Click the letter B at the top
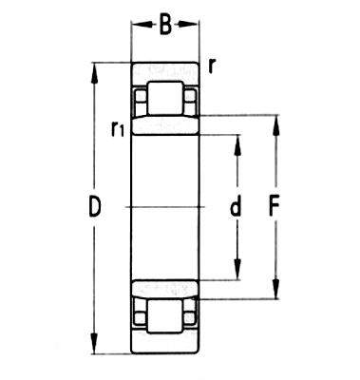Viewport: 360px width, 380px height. coord(165,26)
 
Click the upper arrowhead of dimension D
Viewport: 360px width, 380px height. coord(95,69)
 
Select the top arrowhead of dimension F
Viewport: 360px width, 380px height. coord(276,122)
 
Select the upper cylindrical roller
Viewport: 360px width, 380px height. coord(164,99)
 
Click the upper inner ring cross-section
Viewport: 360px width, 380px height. coord(164,126)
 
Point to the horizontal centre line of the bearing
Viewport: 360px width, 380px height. coord(164,207)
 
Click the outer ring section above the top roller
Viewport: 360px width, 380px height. coord(164,73)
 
